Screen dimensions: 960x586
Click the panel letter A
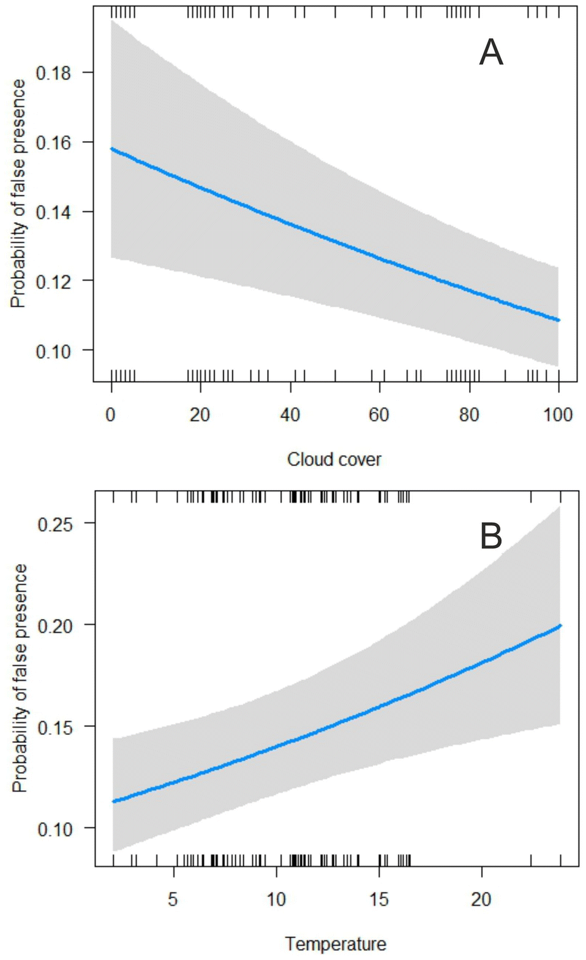click(x=490, y=53)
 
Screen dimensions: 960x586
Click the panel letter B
click(x=490, y=536)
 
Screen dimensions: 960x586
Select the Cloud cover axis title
click(x=334, y=459)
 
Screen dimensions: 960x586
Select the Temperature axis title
click(x=336, y=943)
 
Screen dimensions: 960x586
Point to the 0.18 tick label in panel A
click(x=53, y=73)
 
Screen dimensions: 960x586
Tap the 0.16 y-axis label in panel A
click(x=53, y=142)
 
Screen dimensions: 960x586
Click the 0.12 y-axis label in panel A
click(x=53, y=281)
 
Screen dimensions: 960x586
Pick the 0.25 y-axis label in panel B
click(x=55, y=524)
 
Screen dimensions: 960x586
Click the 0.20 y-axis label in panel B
click(x=55, y=625)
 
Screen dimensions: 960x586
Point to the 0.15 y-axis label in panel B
click(x=55, y=727)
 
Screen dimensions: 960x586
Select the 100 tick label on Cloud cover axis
click(x=557, y=415)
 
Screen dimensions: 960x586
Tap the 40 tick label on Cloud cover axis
click(x=290, y=415)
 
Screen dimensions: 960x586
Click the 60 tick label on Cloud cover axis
click(x=379, y=415)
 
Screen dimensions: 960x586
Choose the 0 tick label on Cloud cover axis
click(x=111, y=415)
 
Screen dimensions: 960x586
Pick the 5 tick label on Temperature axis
click(x=173, y=899)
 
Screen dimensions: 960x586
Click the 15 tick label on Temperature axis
click(x=378, y=899)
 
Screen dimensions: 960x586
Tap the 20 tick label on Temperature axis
click(x=481, y=899)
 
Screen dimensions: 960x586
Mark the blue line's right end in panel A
click(x=558, y=320)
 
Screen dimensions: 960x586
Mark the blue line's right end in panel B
click(x=560, y=625)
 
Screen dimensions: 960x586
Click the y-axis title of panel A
click(x=18, y=193)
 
